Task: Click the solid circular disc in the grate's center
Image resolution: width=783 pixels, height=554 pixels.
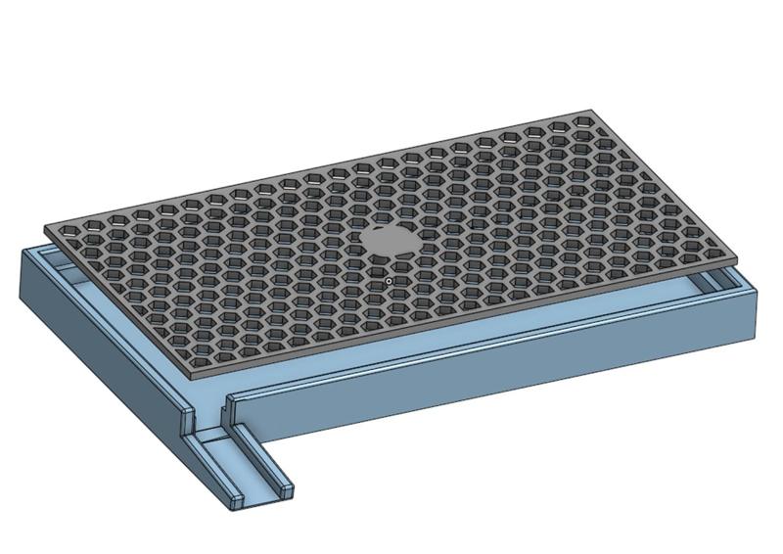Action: tap(390, 240)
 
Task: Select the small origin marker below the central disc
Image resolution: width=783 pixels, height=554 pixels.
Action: tap(389, 282)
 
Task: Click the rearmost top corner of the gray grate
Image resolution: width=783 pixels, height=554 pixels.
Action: tap(591, 111)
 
